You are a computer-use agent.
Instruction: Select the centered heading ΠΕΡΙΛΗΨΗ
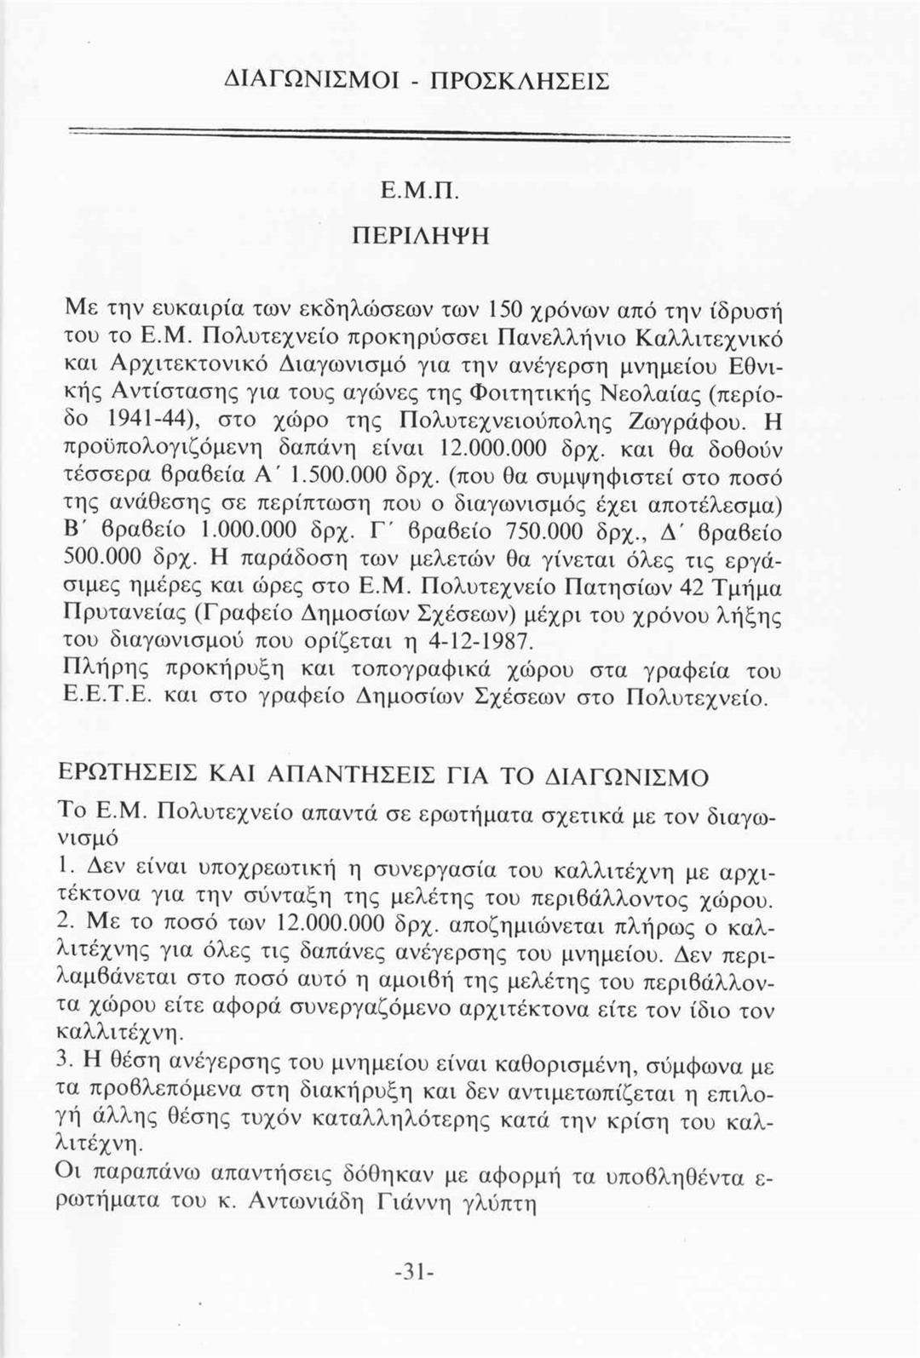[x=422, y=235]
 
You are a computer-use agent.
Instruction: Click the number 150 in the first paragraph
[x=506, y=304]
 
